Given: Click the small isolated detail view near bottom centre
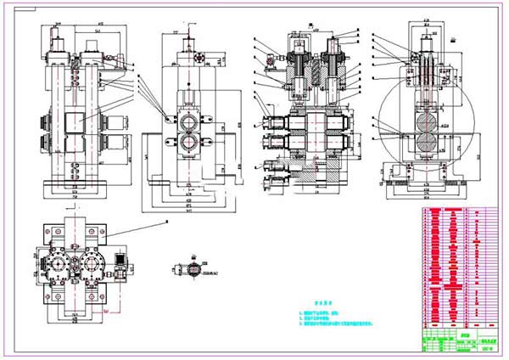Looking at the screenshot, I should pyautogui.click(x=194, y=269).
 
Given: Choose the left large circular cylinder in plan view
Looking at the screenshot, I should pyautogui.click(x=60, y=267).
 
